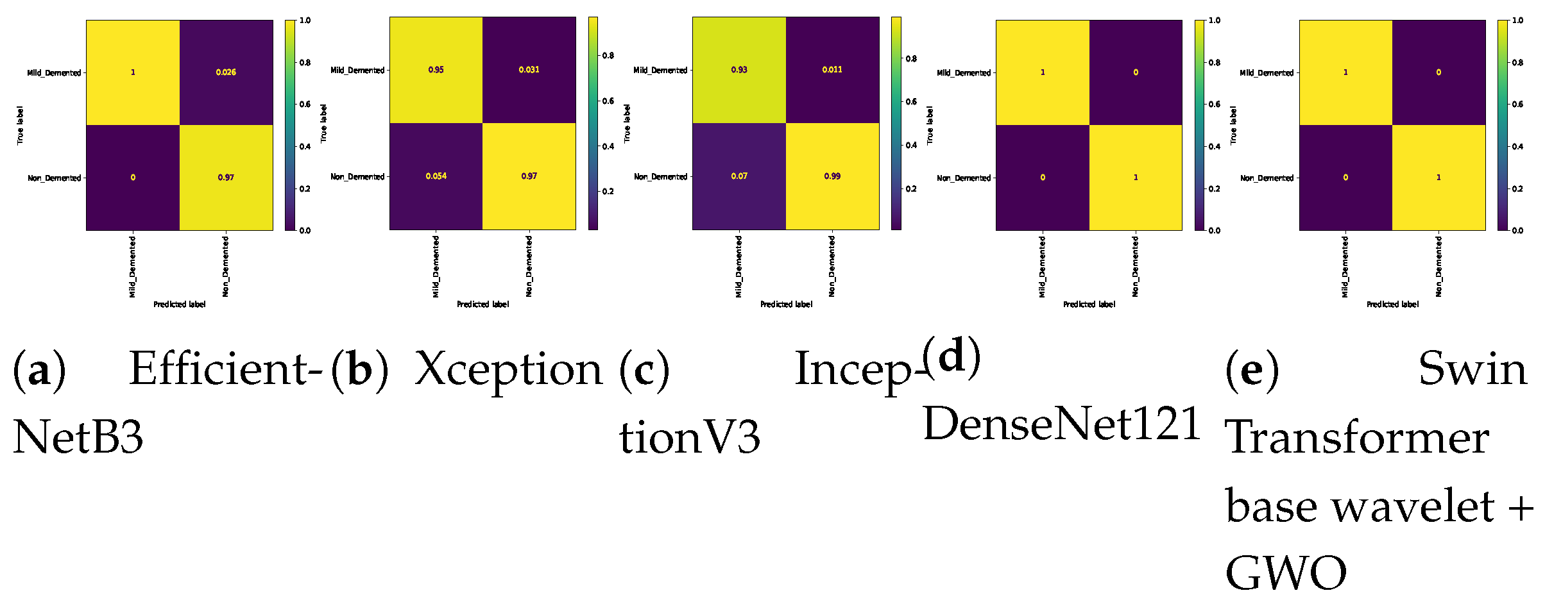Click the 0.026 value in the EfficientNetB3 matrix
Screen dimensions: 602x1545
pyautogui.click(x=226, y=72)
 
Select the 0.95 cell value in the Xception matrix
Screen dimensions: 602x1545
pyautogui.click(x=436, y=70)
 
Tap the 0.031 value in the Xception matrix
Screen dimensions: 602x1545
pyautogui.click(x=529, y=70)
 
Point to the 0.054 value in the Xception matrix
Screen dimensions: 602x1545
pyautogui.click(x=436, y=176)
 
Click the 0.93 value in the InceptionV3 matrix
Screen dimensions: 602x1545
pyautogui.click(x=739, y=70)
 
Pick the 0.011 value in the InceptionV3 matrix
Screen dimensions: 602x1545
pyautogui.click(x=832, y=70)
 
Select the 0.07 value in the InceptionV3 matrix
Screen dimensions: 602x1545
pyautogui.click(x=739, y=176)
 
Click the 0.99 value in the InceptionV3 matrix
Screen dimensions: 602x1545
pyautogui.click(x=832, y=176)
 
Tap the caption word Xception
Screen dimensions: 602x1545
pyautogui.click(x=509, y=370)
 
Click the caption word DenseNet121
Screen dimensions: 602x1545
pyautogui.click(x=1062, y=424)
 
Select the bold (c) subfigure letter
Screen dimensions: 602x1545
pyautogui.click(x=644, y=370)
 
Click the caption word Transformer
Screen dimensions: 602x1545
pyautogui.click(x=1356, y=438)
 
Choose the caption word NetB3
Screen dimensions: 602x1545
pyautogui.click(x=78, y=438)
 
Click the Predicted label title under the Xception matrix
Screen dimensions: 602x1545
pyautogui.click(x=482, y=305)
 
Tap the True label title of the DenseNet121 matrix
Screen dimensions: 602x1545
pyautogui.click(x=930, y=125)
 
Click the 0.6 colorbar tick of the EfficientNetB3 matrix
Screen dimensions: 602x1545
pyautogui.click(x=305, y=105)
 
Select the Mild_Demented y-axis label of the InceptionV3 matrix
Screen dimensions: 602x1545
pyautogui.click(x=660, y=71)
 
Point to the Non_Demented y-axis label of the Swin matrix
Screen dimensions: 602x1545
pyautogui.click(x=1267, y=178)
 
